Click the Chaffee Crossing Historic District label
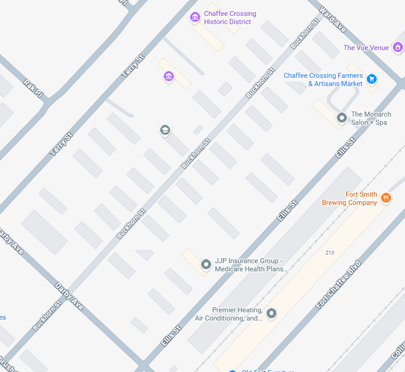[230, 18]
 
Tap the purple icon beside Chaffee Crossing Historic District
[195, 17]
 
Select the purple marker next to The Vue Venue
[398, 47]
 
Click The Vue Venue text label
[366, 48]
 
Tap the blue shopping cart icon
[372, 79]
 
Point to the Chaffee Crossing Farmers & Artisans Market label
[323, 80]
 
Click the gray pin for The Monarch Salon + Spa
[342, 118]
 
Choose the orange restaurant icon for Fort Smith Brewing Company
[386, 198]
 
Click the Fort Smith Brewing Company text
[350, 199]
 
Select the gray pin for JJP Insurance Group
[206, 264]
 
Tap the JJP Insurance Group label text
[251, 265]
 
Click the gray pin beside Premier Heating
[272, 313]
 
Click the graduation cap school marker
[165, 130]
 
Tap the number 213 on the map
[330, 253]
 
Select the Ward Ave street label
[333, 19]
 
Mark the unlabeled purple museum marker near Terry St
[169, 76]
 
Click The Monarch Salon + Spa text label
[371, 118]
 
